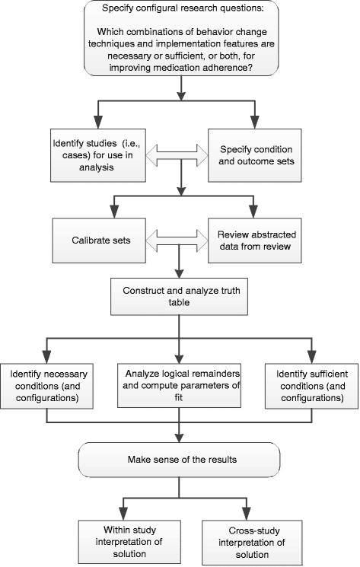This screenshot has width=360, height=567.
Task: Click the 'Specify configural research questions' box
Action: click(x=180, y=39)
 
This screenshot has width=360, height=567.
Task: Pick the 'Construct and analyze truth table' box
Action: click(x=180, y=296)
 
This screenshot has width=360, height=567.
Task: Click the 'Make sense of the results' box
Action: click(x=180, y=460)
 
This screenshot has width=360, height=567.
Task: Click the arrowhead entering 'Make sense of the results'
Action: click(x=180, y=438)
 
